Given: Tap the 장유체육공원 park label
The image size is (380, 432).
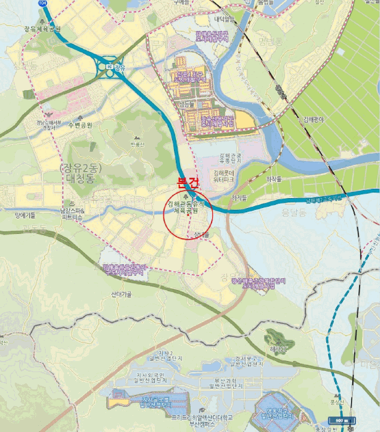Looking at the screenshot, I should pyautogui.click(x=43, y=28).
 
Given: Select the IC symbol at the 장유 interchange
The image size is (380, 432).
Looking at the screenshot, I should pyautogui.click(x=110, y=66).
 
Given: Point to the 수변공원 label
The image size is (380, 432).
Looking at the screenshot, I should pyautogui.click(x=80, y=125).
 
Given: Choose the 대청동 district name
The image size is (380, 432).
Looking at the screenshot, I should pyautogui.click(x=81, y=180).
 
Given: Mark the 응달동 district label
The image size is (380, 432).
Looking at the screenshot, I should pyautogui.click(x=276, y=212).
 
